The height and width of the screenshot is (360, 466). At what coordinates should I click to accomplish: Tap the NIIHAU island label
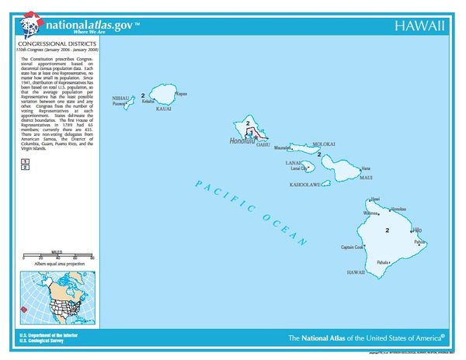pos(120,99)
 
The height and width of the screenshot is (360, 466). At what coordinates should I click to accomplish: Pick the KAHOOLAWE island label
pos(304,185)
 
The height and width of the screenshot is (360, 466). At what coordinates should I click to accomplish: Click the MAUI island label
pos(364,178)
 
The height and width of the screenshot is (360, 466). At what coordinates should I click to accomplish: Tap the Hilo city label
pos(418,230)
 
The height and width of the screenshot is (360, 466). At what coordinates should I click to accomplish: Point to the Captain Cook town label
pos(352,247)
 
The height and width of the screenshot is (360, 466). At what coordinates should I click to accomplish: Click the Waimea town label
pos(370,213)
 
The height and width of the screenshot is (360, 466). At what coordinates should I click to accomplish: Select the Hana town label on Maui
pos(366,168)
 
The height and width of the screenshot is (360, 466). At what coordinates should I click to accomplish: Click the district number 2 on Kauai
pos(144,95)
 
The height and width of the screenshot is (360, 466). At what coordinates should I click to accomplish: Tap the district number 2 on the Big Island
pos(387,230)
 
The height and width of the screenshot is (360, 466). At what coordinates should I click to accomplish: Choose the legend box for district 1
pos(26,160)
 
